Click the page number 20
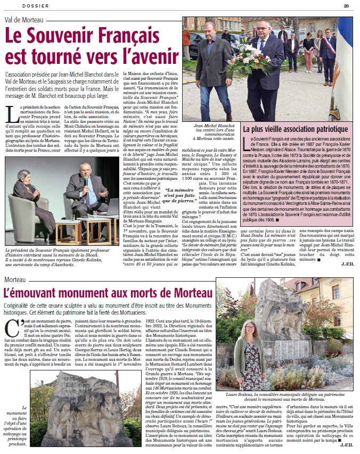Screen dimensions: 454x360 (x=347, y=5)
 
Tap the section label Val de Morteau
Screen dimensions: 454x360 (x=24, y=19)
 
